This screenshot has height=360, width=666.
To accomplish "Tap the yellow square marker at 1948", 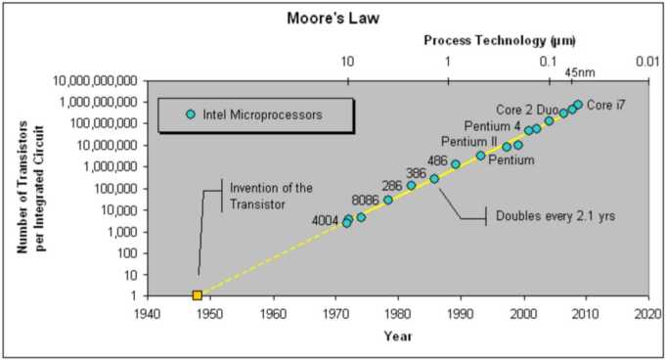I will point(198,294).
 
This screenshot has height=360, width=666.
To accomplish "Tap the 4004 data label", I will point(325,220).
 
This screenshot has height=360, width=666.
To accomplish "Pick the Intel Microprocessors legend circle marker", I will point(192,114).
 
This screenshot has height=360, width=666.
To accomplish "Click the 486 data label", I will point(438,160).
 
